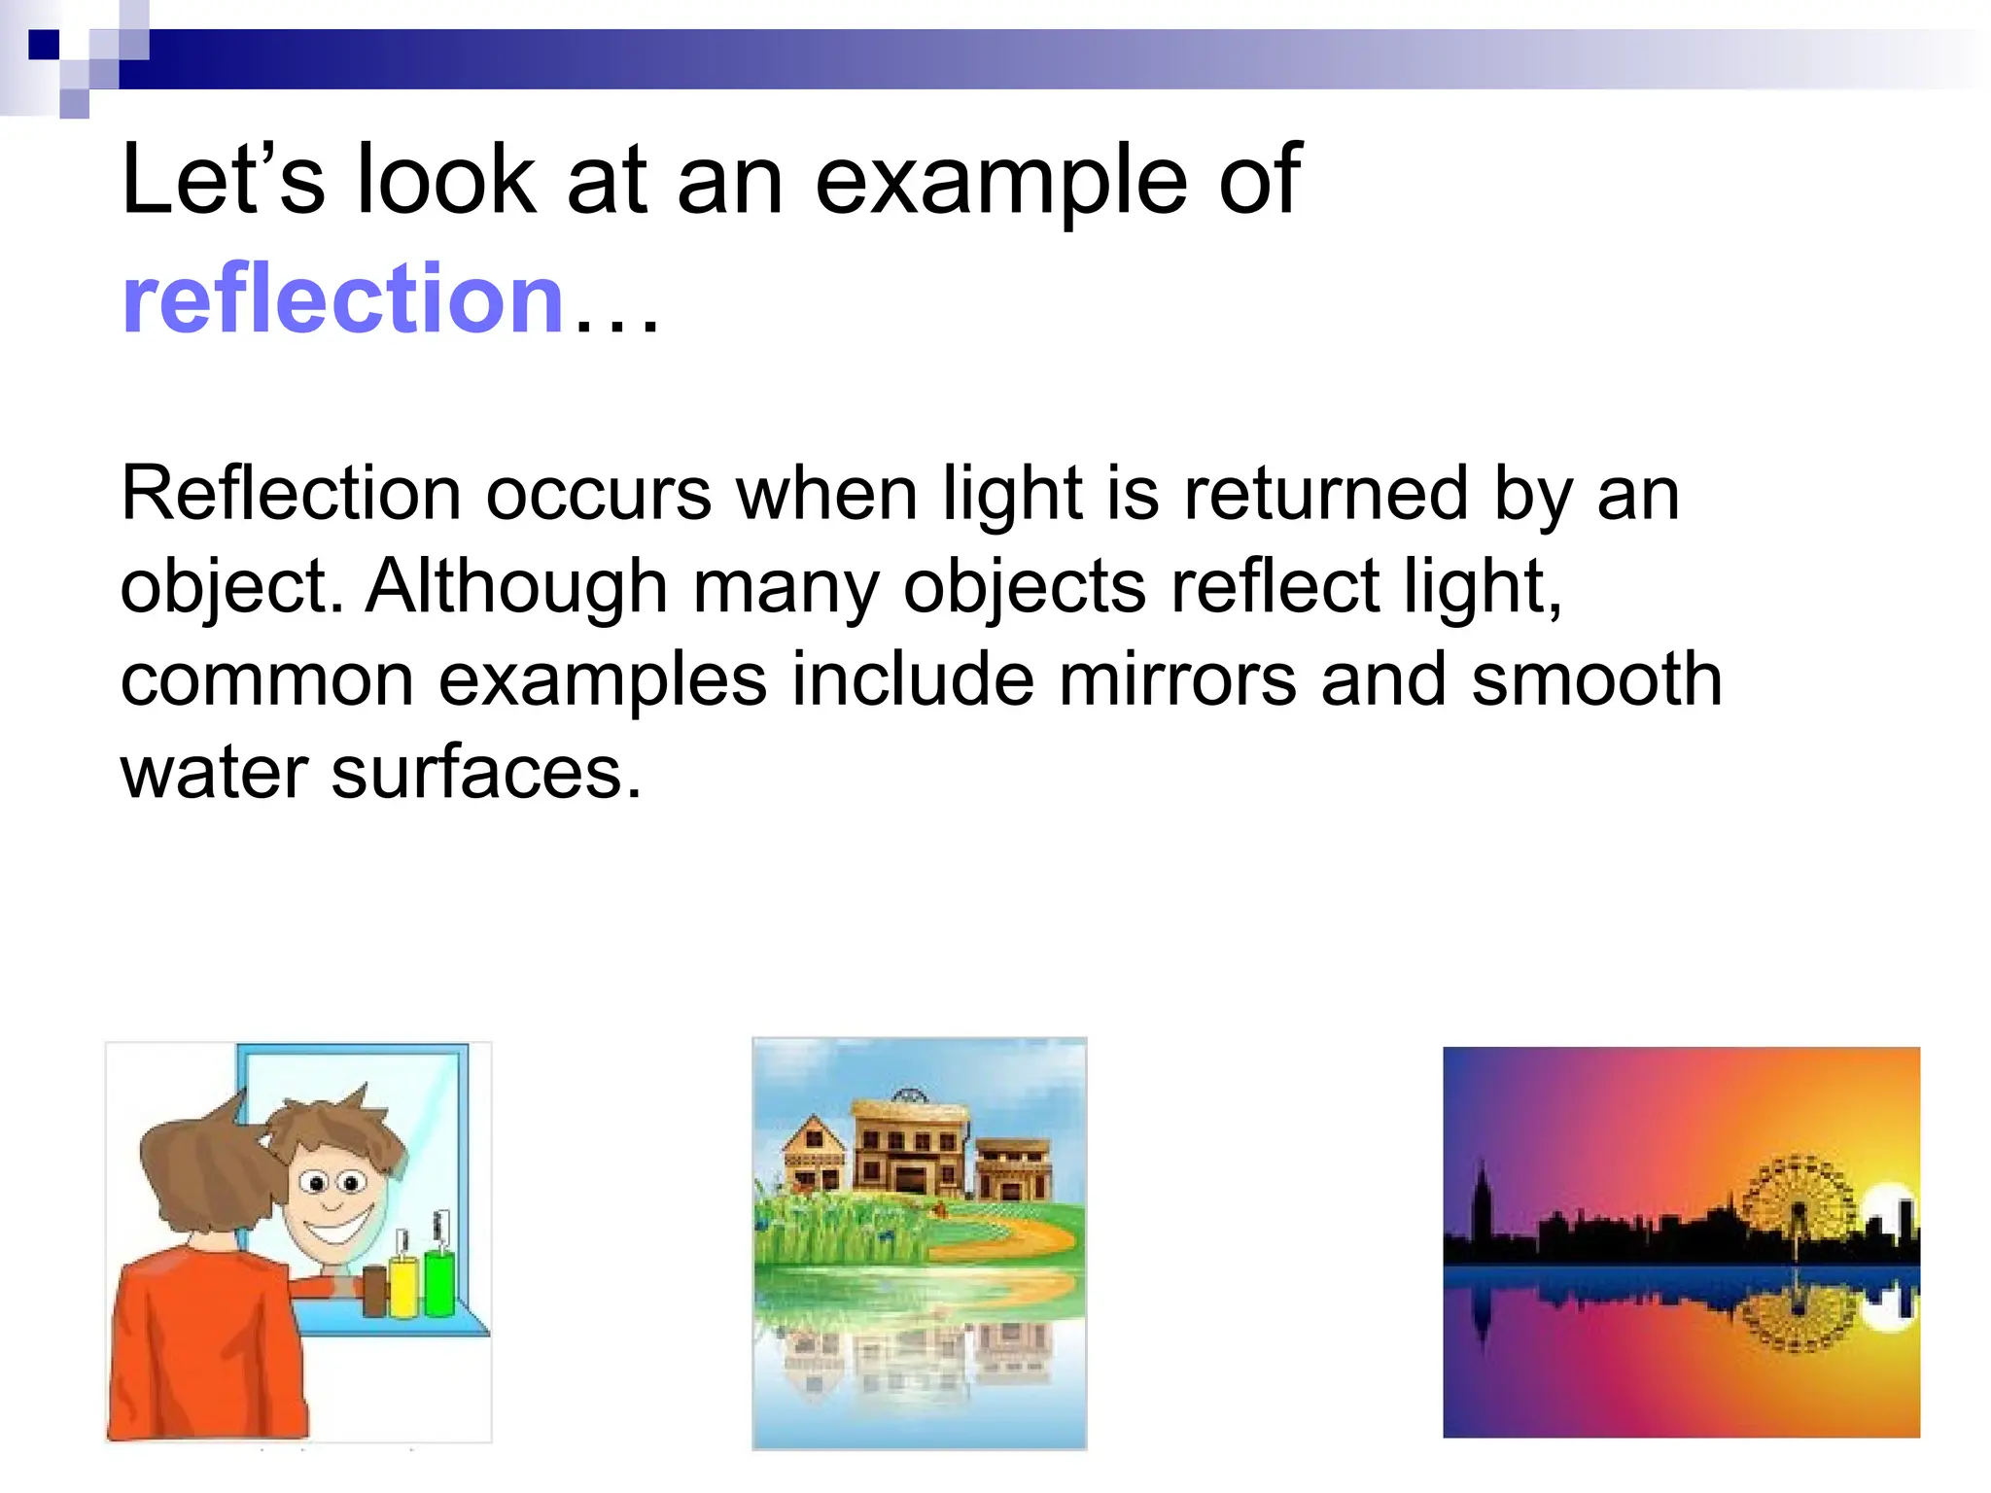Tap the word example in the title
1000,182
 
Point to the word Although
516,586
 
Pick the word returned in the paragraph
1325,494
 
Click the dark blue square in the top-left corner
43,45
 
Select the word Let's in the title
223,182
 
